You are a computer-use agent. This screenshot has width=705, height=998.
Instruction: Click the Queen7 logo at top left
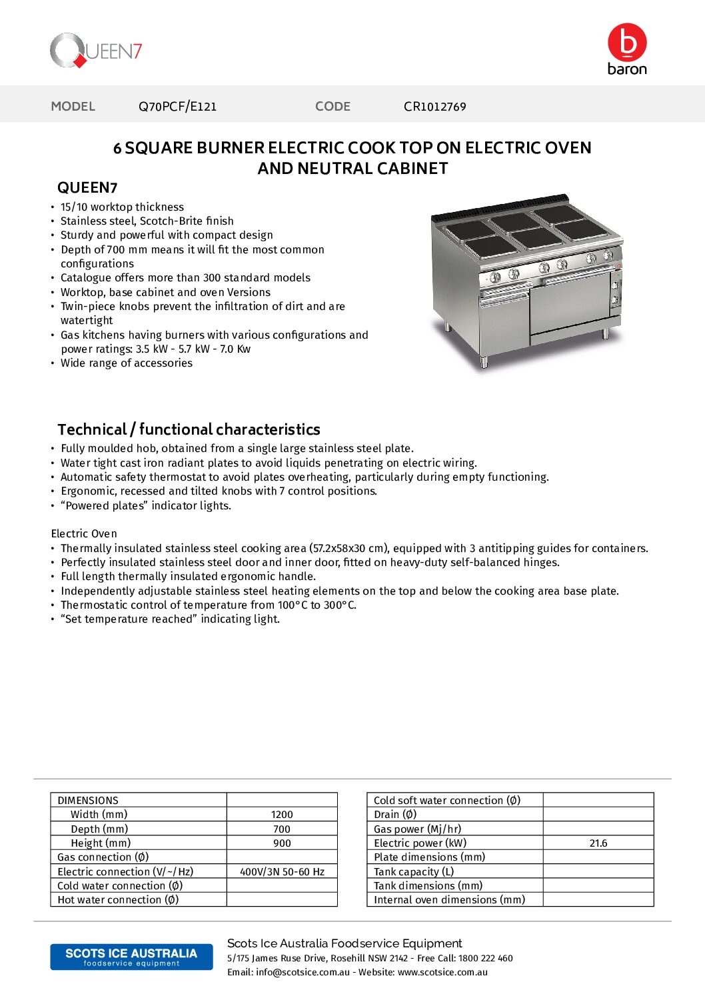tap(96, 51)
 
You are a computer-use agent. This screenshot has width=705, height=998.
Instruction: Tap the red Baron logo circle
tap(627, 43)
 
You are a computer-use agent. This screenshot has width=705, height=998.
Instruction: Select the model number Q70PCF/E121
tap(177, 107)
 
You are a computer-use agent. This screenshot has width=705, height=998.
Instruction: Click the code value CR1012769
tap(434, 107)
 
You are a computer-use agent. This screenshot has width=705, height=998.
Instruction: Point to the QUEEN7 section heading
tap(87, 188)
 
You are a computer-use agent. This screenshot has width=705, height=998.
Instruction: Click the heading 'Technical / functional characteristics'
tap(189, 429)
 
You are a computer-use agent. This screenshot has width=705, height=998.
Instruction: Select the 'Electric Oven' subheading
tap(84, 533)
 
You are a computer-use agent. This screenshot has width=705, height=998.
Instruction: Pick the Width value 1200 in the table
tap(282, 815)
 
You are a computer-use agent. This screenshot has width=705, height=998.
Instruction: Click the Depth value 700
tap(282, 829)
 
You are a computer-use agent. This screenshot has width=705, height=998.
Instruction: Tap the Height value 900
tap(282, 843)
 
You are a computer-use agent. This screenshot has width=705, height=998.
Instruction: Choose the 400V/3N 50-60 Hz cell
tap(282, 872)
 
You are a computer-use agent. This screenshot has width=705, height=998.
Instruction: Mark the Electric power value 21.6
tap(598, 843)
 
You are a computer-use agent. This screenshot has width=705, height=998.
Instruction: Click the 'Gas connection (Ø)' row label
tap(103, 857)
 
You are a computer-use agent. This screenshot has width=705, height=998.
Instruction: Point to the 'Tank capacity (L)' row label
tap(414, 872)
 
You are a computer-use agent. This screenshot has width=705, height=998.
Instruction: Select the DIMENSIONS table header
tap(88, 801)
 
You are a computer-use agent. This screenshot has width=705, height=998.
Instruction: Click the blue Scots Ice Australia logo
tap(131, 957)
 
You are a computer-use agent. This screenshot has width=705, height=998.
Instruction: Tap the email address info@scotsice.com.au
tap(303, 972)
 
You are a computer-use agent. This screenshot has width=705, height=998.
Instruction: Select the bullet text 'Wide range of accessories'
tap(127, 363)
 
